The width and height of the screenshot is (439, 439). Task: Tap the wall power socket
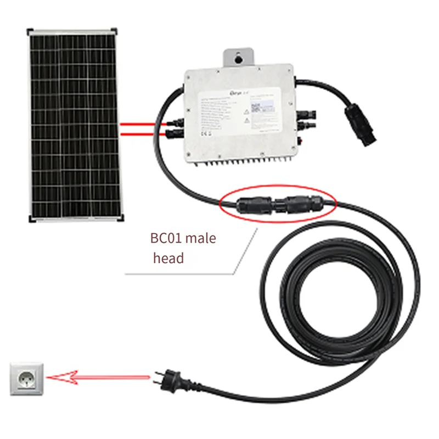click(25, 378)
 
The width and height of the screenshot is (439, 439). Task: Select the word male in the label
click(201, 239)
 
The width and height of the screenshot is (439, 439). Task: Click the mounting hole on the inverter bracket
click(239, 57)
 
